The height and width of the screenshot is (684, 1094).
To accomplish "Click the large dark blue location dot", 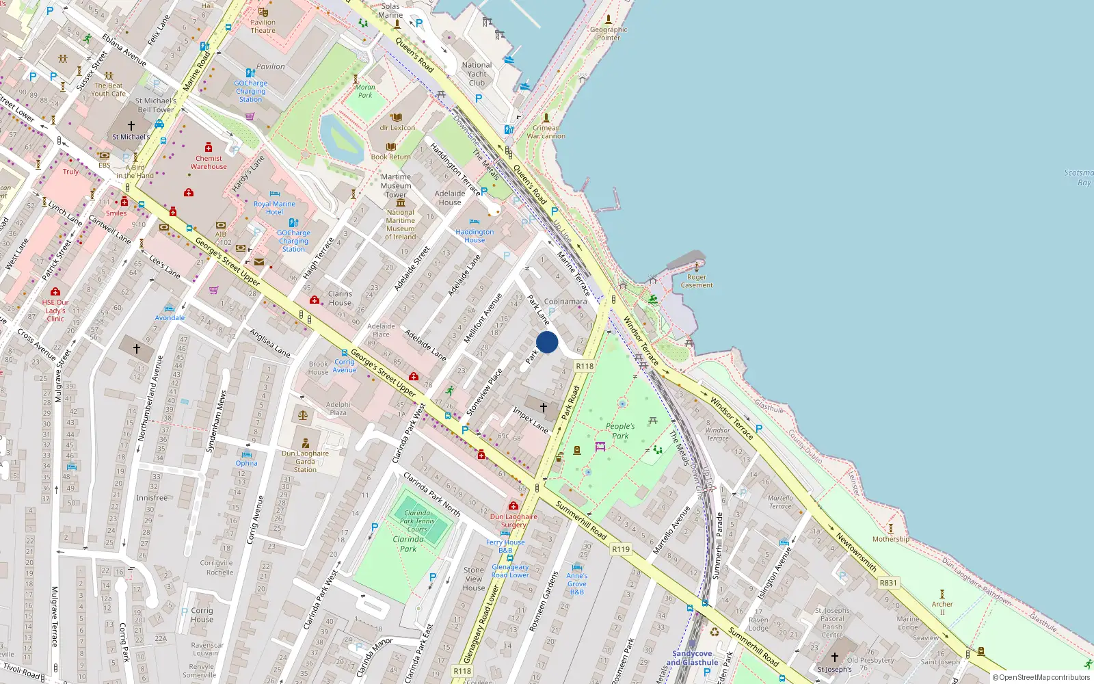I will point(547,342).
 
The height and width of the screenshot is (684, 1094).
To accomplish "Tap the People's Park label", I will point(620,431).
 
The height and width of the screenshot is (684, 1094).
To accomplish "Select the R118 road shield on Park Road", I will point(585,366).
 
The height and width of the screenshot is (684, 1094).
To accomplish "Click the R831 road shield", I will point(888,583).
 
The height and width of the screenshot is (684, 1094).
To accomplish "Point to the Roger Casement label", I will point(697,281).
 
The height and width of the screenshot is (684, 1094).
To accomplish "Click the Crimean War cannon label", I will point(546,132).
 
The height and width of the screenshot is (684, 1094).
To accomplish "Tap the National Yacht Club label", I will point(477,74).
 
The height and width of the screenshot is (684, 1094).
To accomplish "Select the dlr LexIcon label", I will point(397,128).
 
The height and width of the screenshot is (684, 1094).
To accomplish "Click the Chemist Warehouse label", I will point(209,162).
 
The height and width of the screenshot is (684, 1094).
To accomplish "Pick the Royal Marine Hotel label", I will point(274,208).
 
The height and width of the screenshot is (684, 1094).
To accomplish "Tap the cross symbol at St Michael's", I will point(131,126).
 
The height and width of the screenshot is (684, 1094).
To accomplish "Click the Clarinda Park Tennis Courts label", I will point(417,521).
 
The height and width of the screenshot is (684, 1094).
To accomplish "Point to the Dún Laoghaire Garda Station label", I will point(305,461).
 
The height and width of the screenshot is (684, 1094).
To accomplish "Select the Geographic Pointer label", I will point(609,34).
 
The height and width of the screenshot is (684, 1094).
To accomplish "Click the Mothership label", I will point(891,539).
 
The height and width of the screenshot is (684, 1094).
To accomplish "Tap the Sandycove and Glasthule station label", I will point(692,658).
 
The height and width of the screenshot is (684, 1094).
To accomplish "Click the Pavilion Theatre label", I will point(263,26).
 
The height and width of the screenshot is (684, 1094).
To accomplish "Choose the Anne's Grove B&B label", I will point(577,583).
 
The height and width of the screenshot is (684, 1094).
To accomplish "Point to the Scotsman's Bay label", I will point(1078,178).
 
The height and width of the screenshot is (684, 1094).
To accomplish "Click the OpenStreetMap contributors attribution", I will point(1041,677).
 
